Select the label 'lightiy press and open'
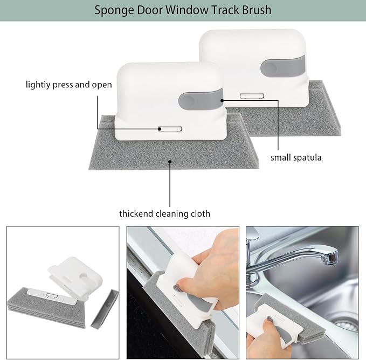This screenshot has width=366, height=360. coord(69,85)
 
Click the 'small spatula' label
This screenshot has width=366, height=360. coord(296,158)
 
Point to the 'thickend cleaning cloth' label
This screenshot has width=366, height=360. coord(164,214)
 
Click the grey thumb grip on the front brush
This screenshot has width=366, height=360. coord(201,100)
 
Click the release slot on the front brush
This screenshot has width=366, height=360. coord(170,129)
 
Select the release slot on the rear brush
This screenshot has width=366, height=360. coord(252,95)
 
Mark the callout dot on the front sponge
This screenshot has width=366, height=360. coord(170,162)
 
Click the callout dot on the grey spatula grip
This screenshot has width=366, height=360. coord(222,101)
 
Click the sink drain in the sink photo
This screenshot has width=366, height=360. coord(347,324)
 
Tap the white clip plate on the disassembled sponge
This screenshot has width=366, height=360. coord(52,295)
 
